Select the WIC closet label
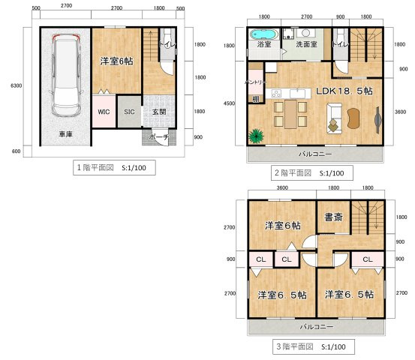[104, 112]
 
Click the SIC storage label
[129, 112]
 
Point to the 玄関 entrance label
[158, 112]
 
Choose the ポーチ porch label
[158, 136]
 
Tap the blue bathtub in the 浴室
[263, 34]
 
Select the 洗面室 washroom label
[306, 44]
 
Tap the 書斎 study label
[333, 218]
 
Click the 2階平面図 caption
[309, 172]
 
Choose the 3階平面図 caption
[309, 347]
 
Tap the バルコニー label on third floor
[317, 327]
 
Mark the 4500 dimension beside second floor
[229, 103]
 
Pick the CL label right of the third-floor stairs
[367, 259]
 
